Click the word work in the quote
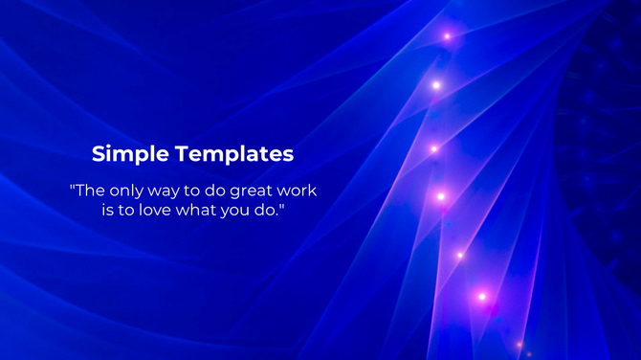pyautogui.click(x=298, y=191)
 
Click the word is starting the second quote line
pyautogui.click(x=108, y=210)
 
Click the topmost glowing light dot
pyautogui.click(x=447, y=36)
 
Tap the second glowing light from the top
pyautogui.click(x=436, y=85)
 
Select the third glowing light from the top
pyautogui.click(x=433, y=148)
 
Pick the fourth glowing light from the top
pyautogui.click(x=441, y=196)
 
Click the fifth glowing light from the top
pyautogui.click(x=459, y=255)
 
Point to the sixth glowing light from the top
pyautogui.click(x=482, y=297)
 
